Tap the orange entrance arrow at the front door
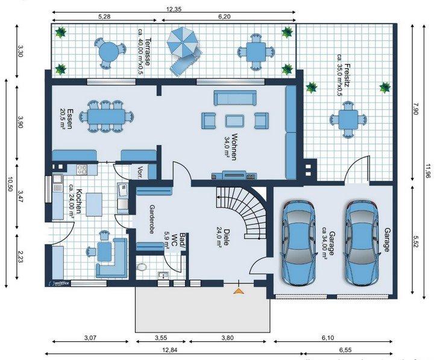coord(239,291)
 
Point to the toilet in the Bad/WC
coord(142,266)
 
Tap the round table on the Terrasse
coord(107,51)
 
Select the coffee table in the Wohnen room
coord(235,121)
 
